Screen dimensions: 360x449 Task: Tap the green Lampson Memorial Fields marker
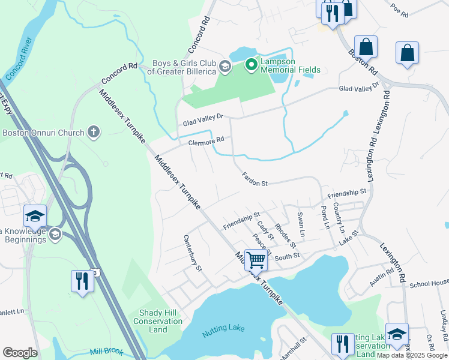(x=251, y=63)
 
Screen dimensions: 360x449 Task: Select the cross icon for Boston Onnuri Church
(x=93, y=131)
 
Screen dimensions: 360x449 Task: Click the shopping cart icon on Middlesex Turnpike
(x=256, y=260)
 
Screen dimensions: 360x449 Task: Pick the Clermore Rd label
(x=206, y=140)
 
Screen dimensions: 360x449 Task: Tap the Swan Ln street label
(x=301, y=223)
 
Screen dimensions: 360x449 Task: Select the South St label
(x=287, y=256)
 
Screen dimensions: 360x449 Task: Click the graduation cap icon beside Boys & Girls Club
(x=225, y=65)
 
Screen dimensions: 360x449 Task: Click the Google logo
(x=20, y=353)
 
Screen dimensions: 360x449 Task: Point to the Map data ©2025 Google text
(x=412, y=355)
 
